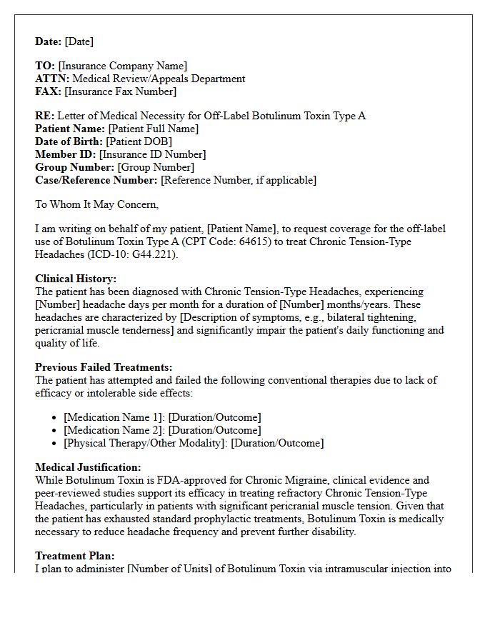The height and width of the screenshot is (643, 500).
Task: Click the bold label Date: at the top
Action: [49, 41]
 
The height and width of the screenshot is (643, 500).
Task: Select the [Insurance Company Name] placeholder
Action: [123, 66]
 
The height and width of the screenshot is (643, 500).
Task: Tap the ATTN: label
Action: [53, 79]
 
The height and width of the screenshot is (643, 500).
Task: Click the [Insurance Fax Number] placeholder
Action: [120, 92]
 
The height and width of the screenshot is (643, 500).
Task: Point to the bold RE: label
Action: [44, 116]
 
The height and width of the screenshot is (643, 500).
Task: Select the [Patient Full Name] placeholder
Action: [154, 129]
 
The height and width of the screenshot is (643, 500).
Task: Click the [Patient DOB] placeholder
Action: [139, 141]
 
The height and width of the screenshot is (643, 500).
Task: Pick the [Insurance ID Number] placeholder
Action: [152, 154]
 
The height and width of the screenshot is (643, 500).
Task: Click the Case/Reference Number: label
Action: [96, 180]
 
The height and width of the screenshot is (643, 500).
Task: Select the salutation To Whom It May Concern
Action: [97, 204]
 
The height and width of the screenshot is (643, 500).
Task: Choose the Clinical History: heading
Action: [76, 279]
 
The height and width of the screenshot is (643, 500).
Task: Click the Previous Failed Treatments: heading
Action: [104, 367]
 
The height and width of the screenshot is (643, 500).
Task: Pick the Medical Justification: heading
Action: [88, 467]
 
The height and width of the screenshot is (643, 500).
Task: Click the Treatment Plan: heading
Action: [75, 556]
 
